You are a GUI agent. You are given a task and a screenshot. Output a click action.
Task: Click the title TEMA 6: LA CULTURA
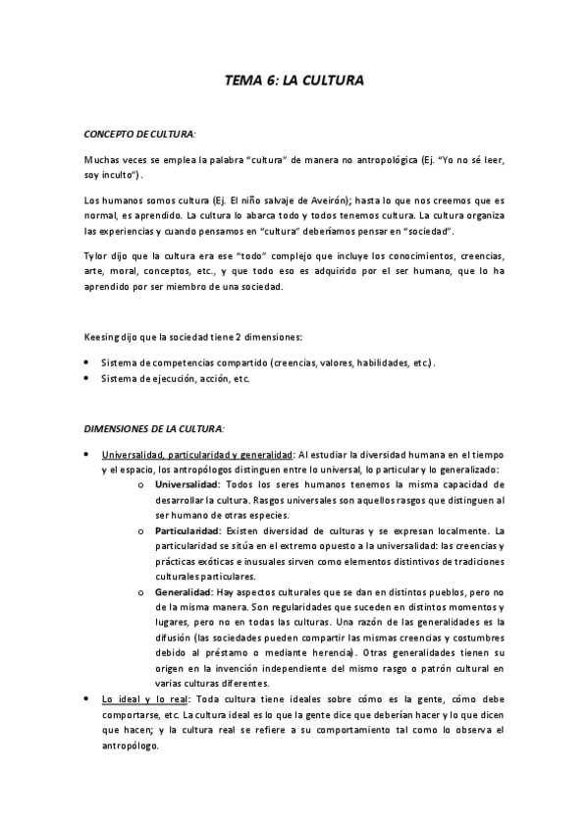[x=294, y=83]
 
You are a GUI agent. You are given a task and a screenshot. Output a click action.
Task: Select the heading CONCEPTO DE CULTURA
[x=139, y=132]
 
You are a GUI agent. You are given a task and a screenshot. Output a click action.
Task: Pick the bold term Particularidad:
[x=187, y=530]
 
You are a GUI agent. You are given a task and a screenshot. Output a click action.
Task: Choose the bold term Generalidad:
[x=183, y=593]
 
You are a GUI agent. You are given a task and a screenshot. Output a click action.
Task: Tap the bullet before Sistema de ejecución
[x=87, y=379]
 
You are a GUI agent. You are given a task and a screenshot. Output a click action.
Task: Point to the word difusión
[x=174, y=639]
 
